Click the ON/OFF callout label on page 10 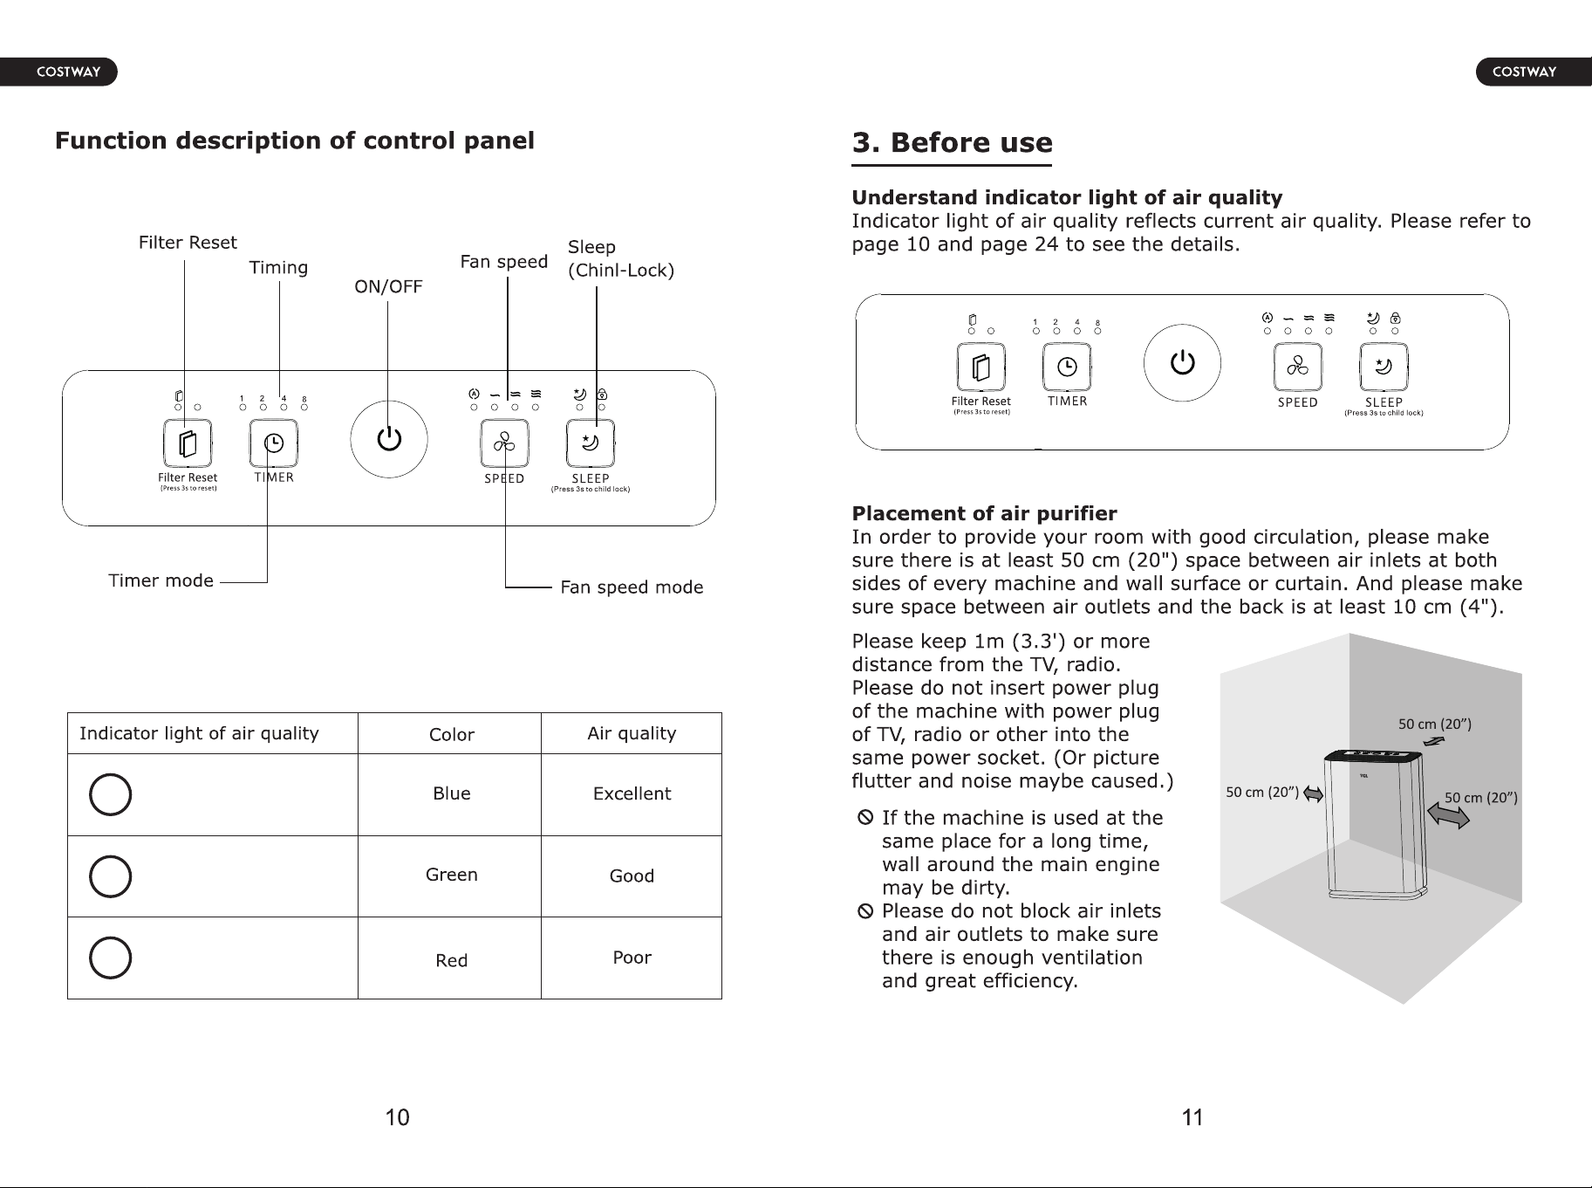tap(388, 286)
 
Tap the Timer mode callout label tap(161, 580)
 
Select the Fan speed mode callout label tap(632, 587)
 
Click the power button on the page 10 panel tap(389, 439)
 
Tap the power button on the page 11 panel tap(1182, 362)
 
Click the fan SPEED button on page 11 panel tap(1297, 367)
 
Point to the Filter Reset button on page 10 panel tap(188, 443)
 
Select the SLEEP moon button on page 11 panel tap(1384, 367)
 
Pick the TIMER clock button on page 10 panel tap(274, 443)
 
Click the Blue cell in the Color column tap(452, 793)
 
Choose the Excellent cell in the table tap(632, 793)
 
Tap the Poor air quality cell tap(632, 958)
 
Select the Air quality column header tap(632, 733)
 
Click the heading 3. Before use tap(952, 142)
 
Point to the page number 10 tap(397, 1117)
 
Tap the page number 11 tap(1192, 1117)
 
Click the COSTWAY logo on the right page tap(1524, 72)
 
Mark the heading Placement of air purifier tap(984, 513)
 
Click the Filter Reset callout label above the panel tap(188, 243)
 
